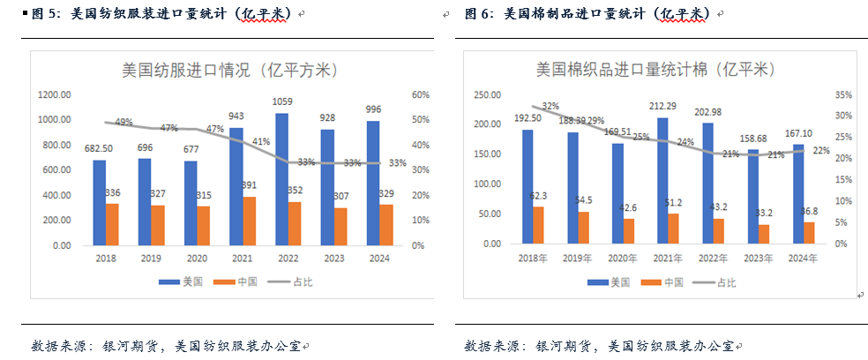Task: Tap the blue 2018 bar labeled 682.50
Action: pyautogui.click(x=99, y=202)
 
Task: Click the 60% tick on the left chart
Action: pyautogui.click(x=420, y=94)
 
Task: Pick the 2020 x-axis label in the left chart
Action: pyautogui.click(x=194, y=258)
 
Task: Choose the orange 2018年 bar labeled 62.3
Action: pyautogui.click(x=539, y=225)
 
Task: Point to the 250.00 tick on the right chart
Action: pyautogui.click(x=489, y=94)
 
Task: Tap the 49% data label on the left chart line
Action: pyautogui.click(x=123, y=123)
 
